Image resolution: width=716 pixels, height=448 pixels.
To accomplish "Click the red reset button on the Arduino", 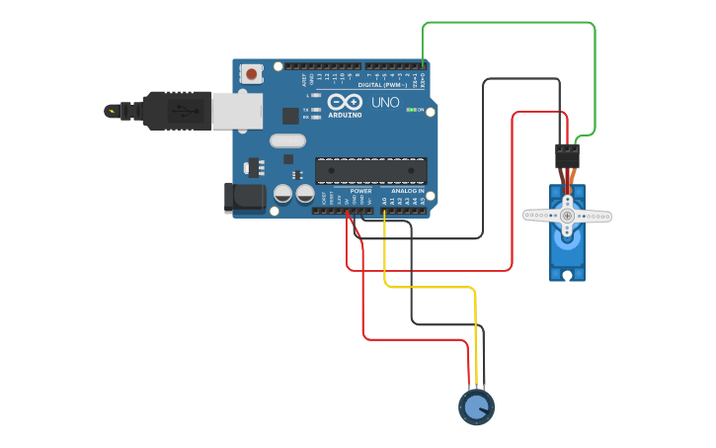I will (252, 73).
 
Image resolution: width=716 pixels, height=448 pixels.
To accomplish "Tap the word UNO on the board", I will (385, 102).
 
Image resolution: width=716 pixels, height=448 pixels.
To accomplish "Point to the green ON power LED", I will (411, 110).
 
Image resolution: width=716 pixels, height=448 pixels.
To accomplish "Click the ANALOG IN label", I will (407, 191).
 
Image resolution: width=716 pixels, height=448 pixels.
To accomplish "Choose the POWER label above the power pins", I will (360, 191).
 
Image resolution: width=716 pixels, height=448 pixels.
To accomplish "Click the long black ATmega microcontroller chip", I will (371, 170).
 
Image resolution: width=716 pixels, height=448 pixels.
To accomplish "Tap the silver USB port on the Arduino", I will (238, 111).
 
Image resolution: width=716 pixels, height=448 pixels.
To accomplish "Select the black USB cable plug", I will (177, 110).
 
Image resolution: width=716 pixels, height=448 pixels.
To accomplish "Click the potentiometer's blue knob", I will (476, 406).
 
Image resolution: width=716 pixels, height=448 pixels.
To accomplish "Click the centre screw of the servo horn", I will (567, 215).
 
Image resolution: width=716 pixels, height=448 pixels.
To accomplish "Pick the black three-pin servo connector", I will (567, 155).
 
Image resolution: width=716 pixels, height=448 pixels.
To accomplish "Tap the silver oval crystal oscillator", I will (288, 141).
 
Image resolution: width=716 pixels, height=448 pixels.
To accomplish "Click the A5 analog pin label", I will (422, 201).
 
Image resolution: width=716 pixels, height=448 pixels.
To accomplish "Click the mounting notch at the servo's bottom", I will (567, 276).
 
